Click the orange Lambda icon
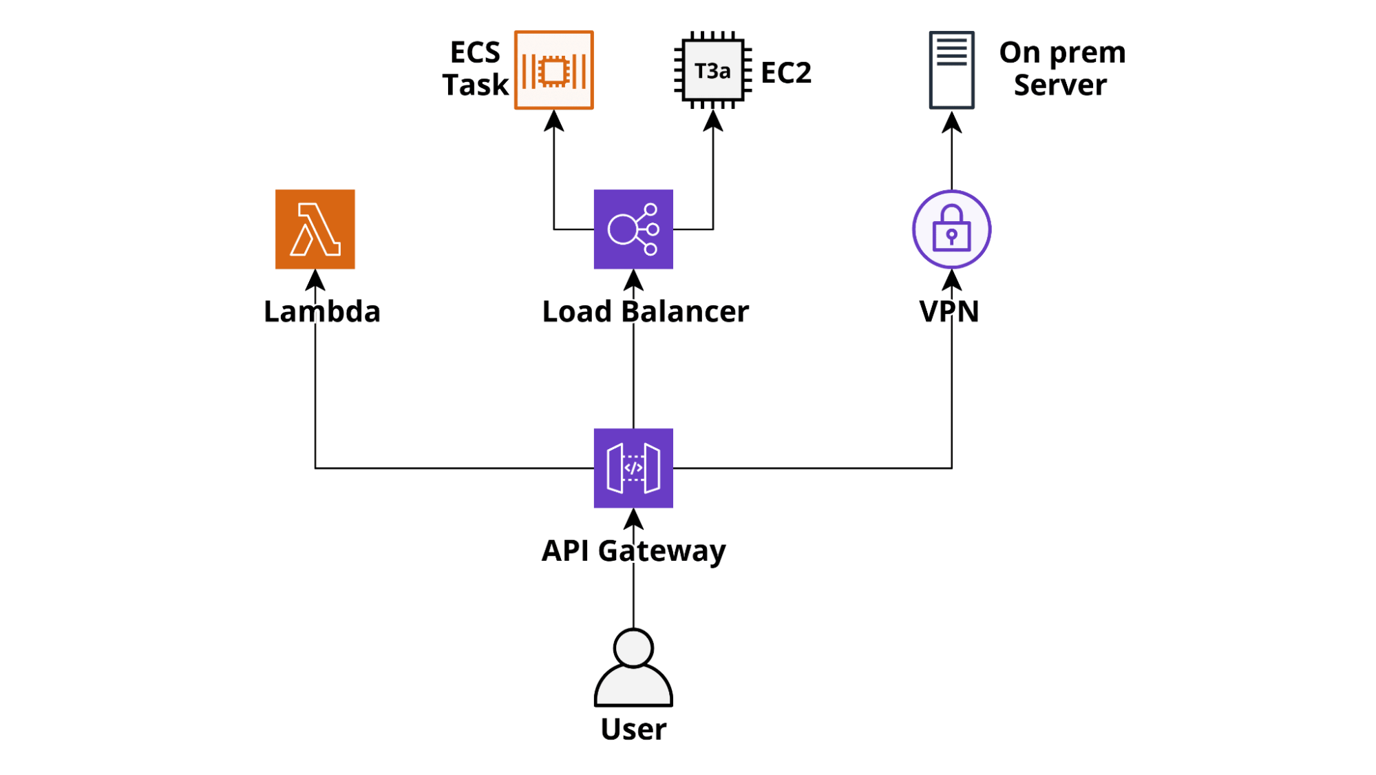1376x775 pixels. (315, 229)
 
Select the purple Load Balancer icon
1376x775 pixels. (633, 229)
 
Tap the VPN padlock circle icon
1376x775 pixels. (951, 229)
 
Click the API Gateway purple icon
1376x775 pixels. (633, 468)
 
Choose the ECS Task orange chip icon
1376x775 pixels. (553, 70)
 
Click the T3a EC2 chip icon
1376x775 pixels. (712, 70)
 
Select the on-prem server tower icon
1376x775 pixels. (951, 70)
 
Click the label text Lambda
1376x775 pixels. (321, 311)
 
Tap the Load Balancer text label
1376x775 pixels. (645, 311)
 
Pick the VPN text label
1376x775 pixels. (949, 311)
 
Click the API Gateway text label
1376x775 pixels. (633, 550)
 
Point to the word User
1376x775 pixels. (633, 729)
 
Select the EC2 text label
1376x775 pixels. (786, 72)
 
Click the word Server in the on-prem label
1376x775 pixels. (1060, 85)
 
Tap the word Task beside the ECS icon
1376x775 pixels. (475, 85)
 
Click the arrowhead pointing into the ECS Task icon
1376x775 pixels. (553, 121)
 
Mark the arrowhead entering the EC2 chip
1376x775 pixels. (712, 121)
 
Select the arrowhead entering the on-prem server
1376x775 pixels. (951, 123)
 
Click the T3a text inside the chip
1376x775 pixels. (712, 71)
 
